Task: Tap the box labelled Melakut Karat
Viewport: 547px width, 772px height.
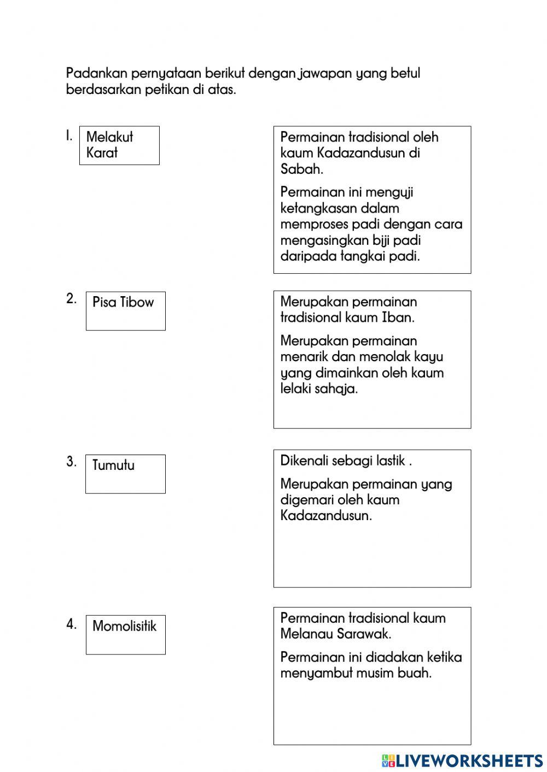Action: click(x=119, y=145)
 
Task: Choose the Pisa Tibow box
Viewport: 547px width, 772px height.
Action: click(x=125, y=310)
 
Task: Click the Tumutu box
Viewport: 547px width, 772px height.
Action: click(x=125, y=474)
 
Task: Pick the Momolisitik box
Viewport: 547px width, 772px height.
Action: click(x=125, y=634)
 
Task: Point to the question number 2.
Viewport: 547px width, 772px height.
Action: click(x=71, y=299)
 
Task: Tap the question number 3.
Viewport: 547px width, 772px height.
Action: click(x=71, y=462)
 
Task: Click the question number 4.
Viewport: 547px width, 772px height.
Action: click(x=71, y=624)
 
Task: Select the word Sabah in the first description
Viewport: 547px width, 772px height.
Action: click(x=301, y=169)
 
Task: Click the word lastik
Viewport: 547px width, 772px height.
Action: click(x=390, y=461)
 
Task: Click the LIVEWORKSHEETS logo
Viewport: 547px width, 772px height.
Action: click(x=462, y=760)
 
